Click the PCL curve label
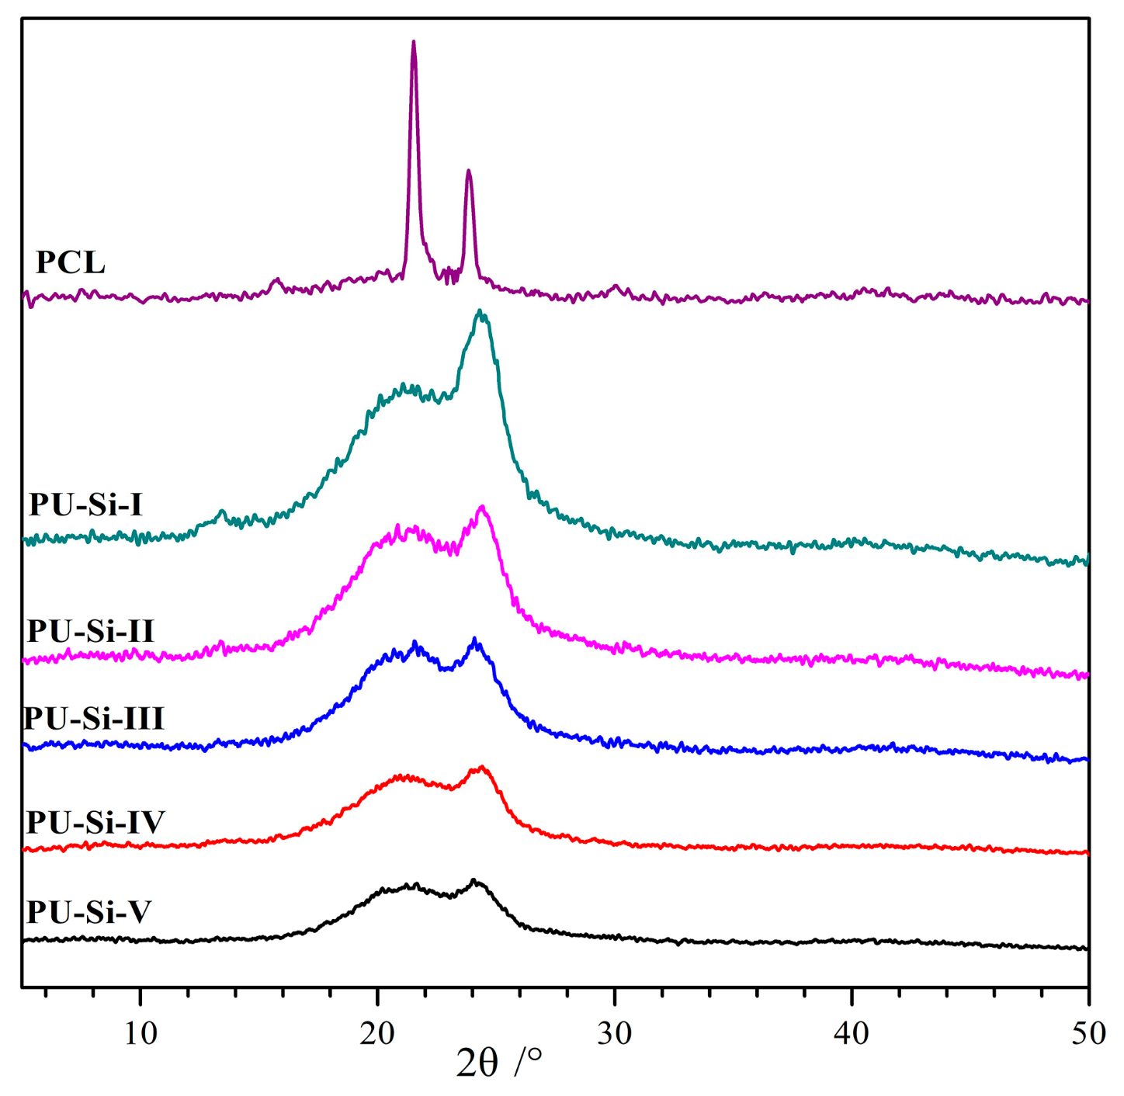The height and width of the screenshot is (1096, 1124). (71, 262)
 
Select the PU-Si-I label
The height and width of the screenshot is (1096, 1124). (86, 505)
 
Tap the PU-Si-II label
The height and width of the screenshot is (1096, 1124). (91, 630)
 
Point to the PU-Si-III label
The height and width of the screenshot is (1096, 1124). (94, 718)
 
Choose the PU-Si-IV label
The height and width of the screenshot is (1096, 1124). (95, 822)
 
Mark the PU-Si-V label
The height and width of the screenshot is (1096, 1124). (88, 912)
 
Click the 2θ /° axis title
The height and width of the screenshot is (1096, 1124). (498, 1062)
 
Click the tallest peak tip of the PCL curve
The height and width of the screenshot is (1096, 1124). (413, 42)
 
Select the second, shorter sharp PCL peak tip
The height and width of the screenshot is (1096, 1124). (468, 171)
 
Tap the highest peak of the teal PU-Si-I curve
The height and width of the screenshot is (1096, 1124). (480, 311)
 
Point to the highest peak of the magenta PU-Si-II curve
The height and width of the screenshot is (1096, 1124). (483, 507)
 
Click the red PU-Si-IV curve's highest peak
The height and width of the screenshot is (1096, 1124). (482, 767)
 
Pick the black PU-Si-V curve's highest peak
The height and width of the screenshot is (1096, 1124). (474, 881)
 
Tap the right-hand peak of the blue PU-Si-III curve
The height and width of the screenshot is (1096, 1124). (474, 640)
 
